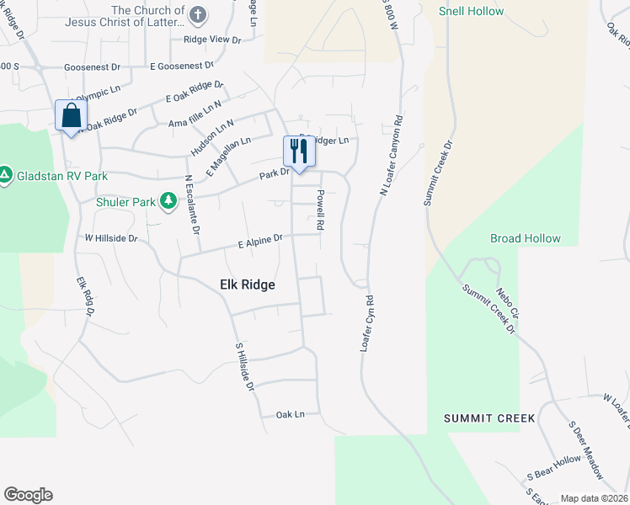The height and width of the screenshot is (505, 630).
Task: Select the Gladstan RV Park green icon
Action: [x=5, y=175]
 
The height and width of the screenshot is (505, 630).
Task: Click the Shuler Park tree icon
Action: [x=168, y=200]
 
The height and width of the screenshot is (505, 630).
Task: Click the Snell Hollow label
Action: [x=472, y=12]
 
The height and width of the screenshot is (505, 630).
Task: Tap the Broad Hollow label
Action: [x=525, y=238]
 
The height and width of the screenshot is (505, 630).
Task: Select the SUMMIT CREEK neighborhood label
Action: [x=490, y=418]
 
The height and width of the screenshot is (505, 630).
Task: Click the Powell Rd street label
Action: [x=320, y=210]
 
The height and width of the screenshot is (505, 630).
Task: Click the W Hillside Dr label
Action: [x=110, y=238]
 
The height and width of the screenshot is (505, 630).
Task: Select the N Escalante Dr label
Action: [x=192, y=204]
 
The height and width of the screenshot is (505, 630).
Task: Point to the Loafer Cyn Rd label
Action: [x=367, y=322]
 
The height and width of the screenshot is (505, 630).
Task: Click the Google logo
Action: [x=28, y=495]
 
